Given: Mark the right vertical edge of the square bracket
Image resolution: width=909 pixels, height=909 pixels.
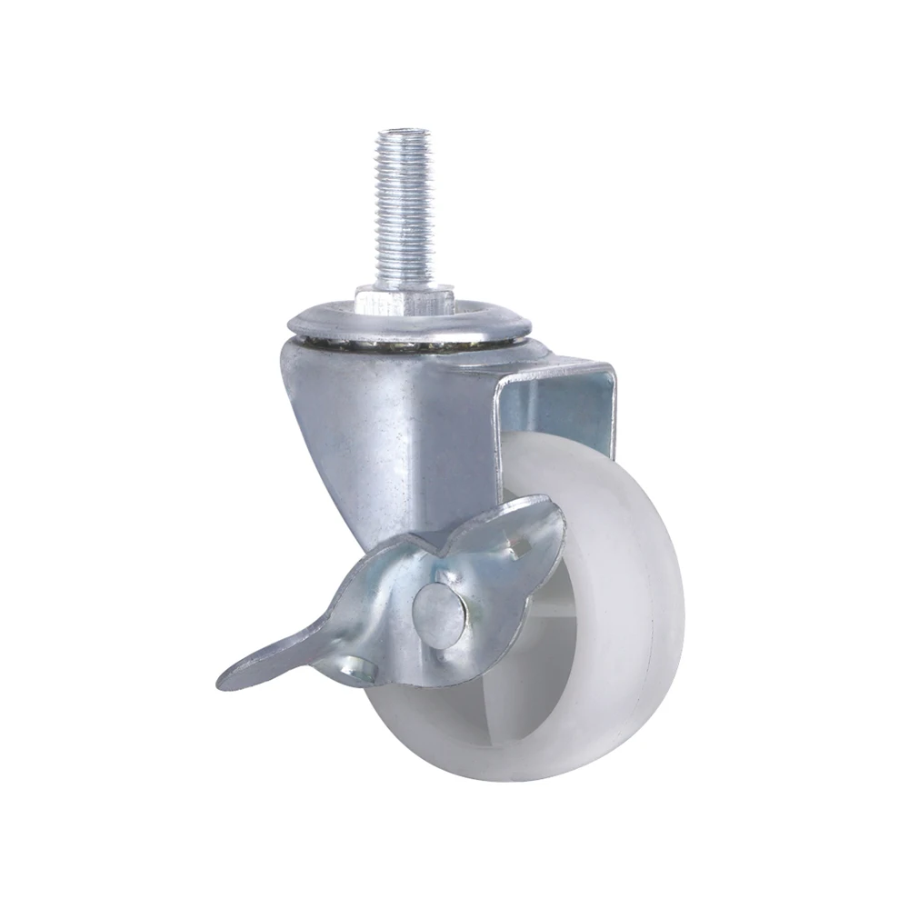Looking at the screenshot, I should point(608,409).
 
